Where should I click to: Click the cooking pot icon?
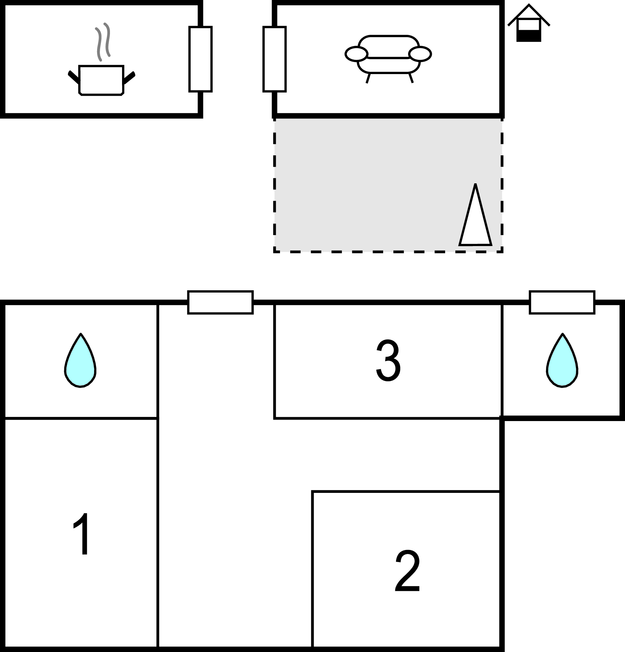(x=101, y=80)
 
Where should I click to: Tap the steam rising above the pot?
(x=103, y=42)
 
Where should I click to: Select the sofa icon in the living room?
(x=388, y=59)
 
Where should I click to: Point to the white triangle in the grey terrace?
(x=475, y=215)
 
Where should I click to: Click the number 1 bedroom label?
(x=82, y=533)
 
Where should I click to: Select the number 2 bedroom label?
(x=407, y=570)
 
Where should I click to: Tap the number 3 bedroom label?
(x=388, y=360)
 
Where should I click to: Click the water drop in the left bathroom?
(x=80, y=361)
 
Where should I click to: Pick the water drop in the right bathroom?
(x=562, y=361)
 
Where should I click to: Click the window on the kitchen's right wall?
(x=200, y=59)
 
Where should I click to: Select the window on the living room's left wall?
(x=274, y=59)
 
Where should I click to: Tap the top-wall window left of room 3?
(x=220, y=302)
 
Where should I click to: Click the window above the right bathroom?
(x=562, y=302)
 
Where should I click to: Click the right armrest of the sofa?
(x=420, y=54)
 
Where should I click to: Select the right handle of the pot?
(x=129, y=78)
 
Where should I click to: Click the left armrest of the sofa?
(x=356, y=54)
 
